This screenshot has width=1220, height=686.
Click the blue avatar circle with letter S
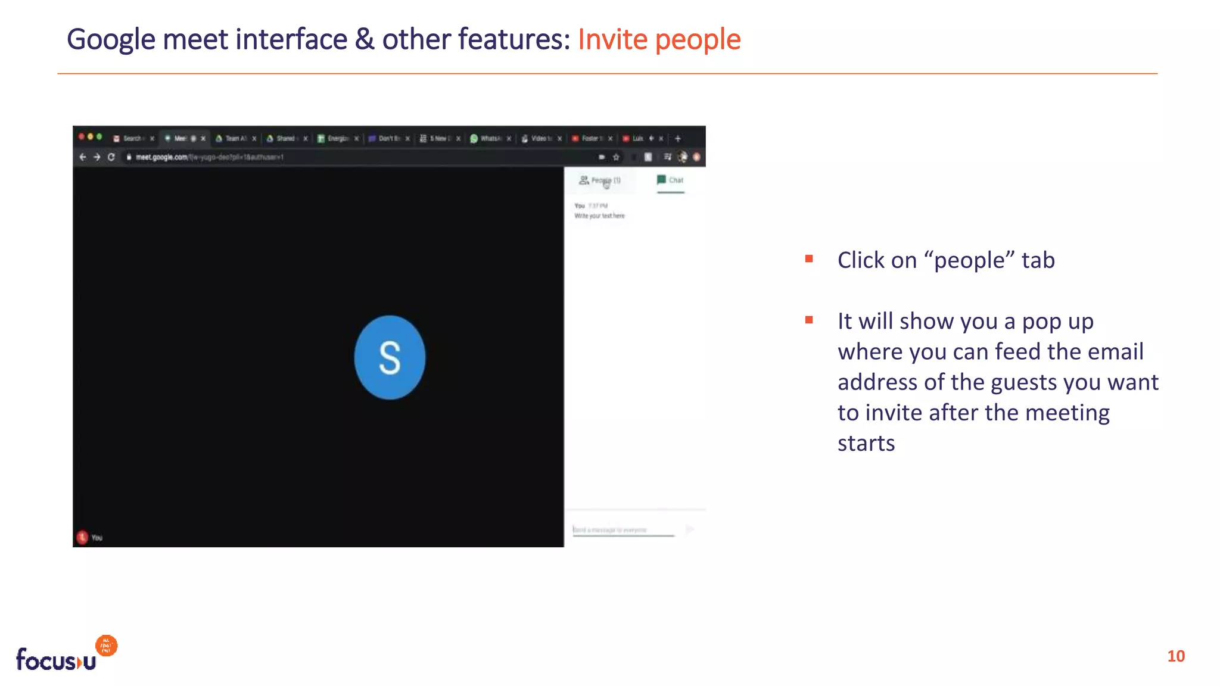pyautogui.click(x=390, y=357)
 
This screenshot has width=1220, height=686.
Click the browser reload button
pyautogui.click(x=111, y=157)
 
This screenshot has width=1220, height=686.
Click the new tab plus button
pyautogui.click(x=677, y=139)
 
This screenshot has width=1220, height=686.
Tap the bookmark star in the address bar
pyautogui.click(x=616, y=157)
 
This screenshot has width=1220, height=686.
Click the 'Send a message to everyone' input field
pyautogui.click(x=623, y=529)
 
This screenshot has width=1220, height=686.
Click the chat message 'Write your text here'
pyautogui.click(x=599, y=216)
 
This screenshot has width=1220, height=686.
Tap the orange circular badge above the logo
pyautogui.click(x=107, y=646)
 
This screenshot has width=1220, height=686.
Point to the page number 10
pyautogui.click(x=1176, y=656)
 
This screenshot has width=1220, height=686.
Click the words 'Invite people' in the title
pyautogui.click(x=659, y=40)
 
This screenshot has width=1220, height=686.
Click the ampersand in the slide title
pyautogui.click(x=365, y=40)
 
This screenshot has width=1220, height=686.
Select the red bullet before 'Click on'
pyautogui.click(x=809, y=259)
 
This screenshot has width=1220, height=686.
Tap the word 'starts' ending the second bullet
pyautogui.click(x=866, y=444)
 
